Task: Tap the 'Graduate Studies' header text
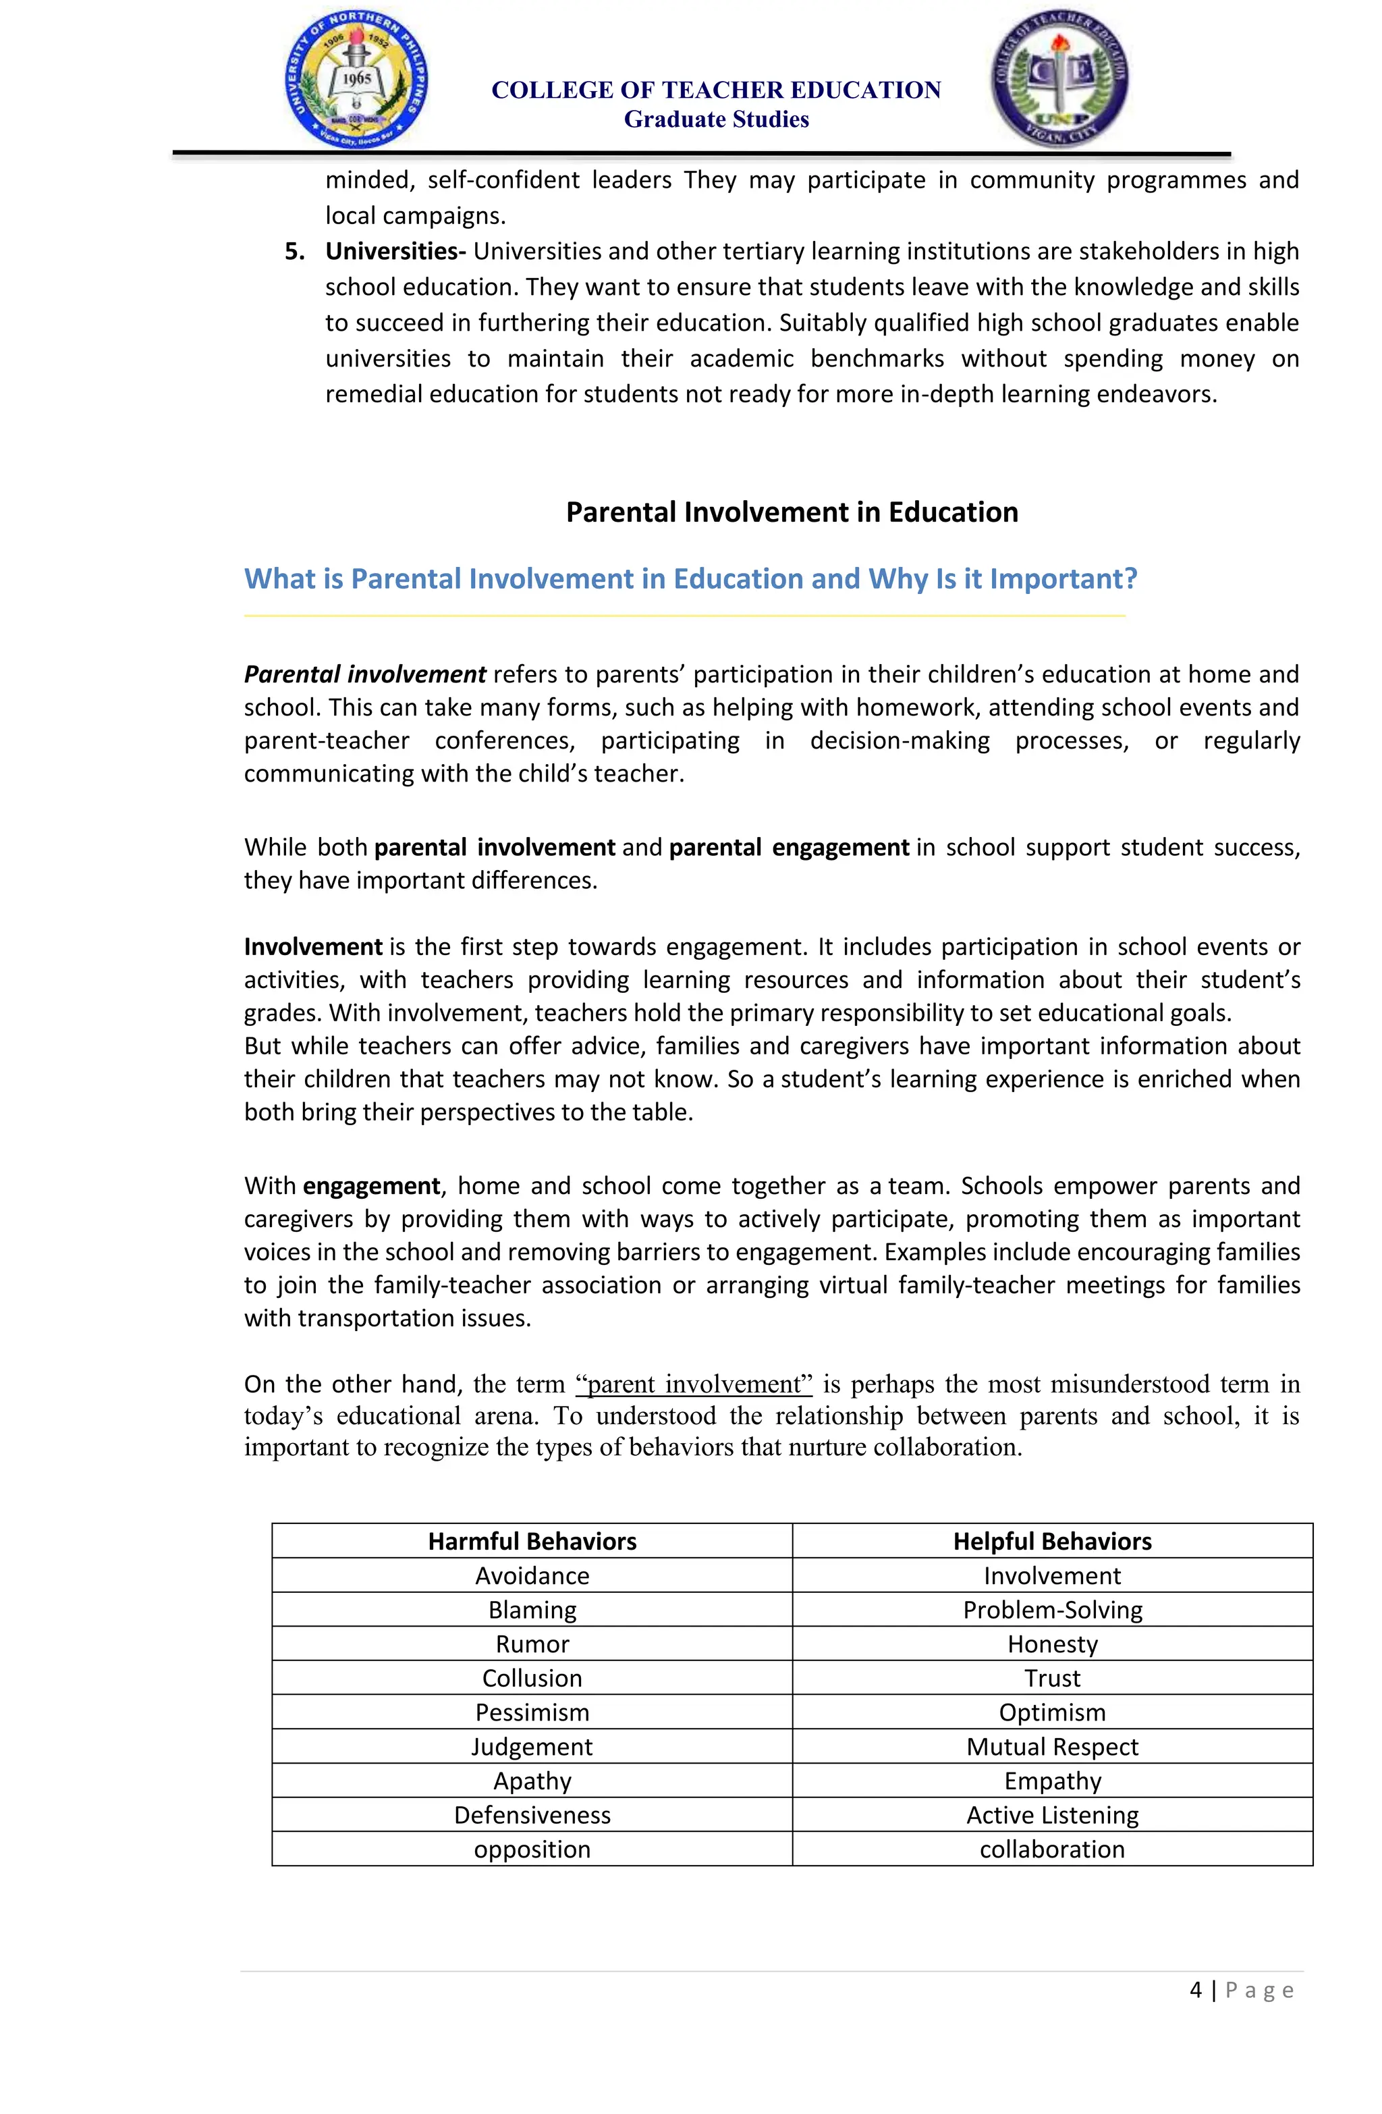716,119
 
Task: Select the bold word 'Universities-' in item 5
395,251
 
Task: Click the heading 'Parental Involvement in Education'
792,512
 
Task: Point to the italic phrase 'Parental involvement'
365,674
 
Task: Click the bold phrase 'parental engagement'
789,847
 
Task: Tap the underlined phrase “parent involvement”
694,1384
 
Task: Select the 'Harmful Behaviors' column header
532,1541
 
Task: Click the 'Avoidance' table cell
532,1576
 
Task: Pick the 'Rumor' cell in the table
532,1644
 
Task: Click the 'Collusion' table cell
532,1678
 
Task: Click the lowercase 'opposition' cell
532,1849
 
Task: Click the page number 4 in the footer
1196,1990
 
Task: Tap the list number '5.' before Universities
295,251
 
